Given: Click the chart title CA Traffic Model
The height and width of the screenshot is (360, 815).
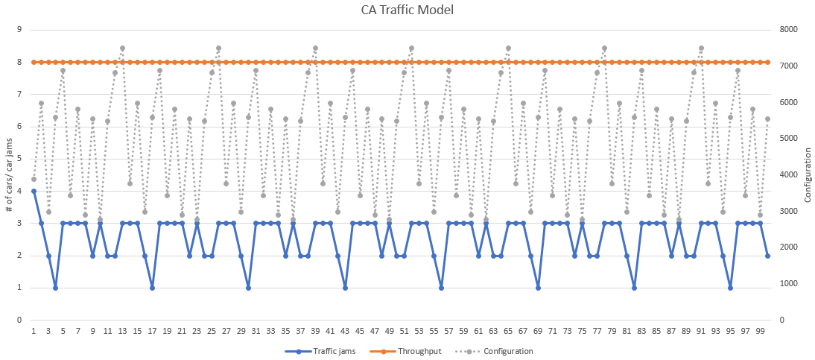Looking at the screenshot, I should (x=407, y=10).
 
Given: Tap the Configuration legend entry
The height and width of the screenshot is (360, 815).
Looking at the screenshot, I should (x=507, y=351).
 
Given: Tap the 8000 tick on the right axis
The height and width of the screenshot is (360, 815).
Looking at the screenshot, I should (x=789, y=30).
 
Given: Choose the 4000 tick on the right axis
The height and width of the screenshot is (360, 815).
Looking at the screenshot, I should (x=789, y=174).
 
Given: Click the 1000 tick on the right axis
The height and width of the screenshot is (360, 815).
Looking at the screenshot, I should (x=789, y=283).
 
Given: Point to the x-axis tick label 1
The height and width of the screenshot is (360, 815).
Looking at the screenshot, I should (x=34, y=329).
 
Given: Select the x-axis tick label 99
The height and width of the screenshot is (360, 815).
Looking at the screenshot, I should (x=760, y=329).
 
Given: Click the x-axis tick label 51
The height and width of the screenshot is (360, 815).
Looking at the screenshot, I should (x=404, y=329).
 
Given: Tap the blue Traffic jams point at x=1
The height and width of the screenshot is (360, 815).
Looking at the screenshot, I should (x=34, y=191).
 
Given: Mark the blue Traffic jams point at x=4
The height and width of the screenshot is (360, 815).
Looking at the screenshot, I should (x=56, y=288).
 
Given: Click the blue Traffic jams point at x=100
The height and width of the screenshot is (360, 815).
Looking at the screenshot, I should (x=767, y=256).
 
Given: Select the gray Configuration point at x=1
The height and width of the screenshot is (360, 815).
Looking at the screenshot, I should (x=34, y=179).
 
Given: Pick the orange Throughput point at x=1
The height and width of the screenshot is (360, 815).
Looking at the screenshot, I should (x=34, y=62).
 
